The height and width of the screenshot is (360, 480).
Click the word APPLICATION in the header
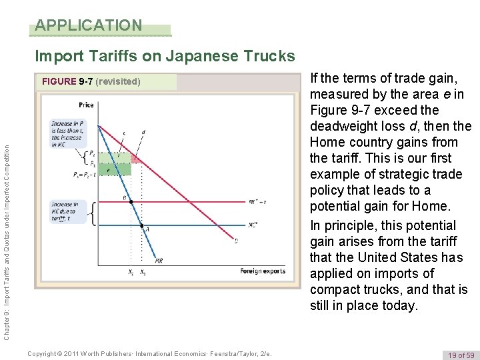pos(89,26)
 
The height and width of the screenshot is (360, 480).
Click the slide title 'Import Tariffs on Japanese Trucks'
pos(165,55)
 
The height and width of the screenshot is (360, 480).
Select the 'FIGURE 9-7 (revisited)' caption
pos(91,82)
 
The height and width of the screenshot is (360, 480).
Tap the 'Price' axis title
pos(86,105)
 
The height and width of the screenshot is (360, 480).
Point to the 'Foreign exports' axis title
pos(263,271)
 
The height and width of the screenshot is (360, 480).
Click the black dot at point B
pos(131,201)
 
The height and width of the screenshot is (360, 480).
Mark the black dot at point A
pos(141,225)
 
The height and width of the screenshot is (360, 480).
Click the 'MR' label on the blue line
pos(159,261)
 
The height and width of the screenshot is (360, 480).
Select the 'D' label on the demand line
pos(236,241)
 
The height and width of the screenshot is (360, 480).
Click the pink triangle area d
pos(135,159)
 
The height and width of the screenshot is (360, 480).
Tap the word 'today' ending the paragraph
pos(399,306)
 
